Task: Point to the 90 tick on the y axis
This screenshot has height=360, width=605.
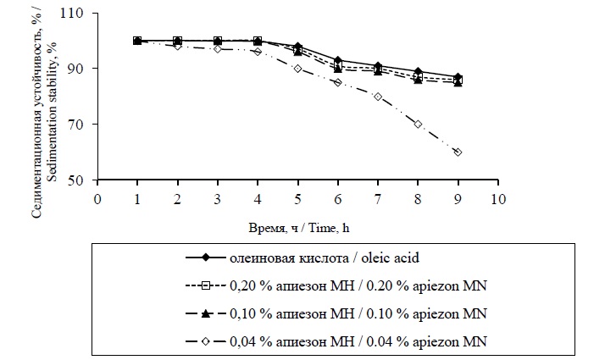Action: click(x=80, y=69)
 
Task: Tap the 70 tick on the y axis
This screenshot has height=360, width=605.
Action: click(x=80, y=125)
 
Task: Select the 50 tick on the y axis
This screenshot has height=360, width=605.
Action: click(x=80, y=180)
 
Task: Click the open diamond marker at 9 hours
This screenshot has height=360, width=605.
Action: click(x=458, y=152)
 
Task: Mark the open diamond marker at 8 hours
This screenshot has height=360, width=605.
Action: click(x=419, y=124)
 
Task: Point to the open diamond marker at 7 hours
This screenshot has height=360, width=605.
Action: click(x=378, y=97)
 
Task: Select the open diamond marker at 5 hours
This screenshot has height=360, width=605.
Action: click(x=298, y=69)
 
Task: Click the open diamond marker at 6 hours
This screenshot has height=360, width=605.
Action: click(x=338, y=82)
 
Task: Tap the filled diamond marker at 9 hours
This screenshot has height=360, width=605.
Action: click(x=458, y=77)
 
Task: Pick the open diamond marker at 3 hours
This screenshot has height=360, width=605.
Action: click(x=218, y=49)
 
